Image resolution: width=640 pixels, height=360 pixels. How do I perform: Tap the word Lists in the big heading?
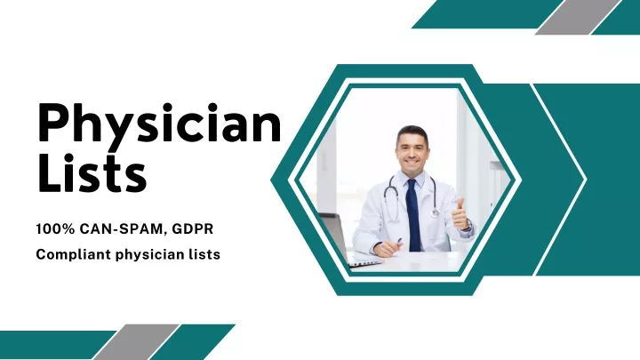pos(92,173)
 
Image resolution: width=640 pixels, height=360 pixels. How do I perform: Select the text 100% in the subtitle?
pos(55,229)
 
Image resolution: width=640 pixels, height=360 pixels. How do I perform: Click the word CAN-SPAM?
pos(124,229)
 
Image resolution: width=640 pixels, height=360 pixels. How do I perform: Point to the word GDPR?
pos(193,229)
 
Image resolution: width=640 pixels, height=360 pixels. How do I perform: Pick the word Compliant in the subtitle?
pos(73,255)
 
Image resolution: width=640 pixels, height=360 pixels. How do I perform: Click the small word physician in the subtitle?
pos(150,255)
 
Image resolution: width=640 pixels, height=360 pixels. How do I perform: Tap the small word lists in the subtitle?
pos(204,254)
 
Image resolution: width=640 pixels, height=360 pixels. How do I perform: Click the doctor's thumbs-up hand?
pos(460,215)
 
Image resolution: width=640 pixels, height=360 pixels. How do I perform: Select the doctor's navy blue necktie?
pos(413,215)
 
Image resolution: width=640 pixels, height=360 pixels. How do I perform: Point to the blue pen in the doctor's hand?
pos(398,242)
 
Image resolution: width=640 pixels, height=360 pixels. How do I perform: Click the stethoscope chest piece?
pos(435,212)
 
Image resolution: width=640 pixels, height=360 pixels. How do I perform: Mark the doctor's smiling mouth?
pos(412,162)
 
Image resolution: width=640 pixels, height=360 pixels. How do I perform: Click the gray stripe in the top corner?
pos(578,17)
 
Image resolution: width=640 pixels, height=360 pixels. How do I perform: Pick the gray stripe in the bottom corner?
pos(136,342)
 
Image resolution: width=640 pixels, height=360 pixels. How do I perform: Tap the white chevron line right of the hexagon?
pos(560,180)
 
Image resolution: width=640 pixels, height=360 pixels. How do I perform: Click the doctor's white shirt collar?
pos(413,178)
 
